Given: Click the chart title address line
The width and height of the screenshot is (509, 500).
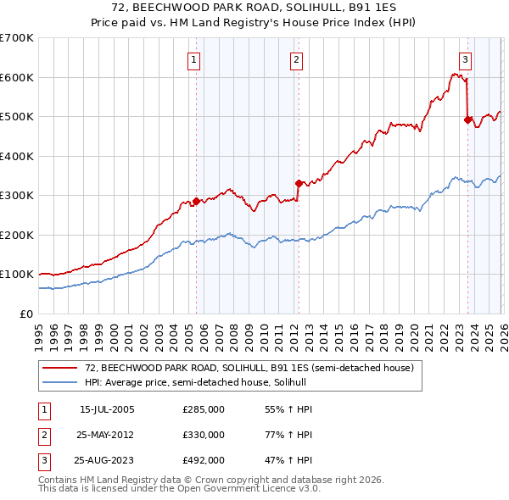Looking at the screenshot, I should (255, 8).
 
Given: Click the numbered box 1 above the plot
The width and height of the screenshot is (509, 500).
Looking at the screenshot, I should (195, 59).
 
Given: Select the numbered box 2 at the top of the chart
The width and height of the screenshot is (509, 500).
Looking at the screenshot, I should (296, 59).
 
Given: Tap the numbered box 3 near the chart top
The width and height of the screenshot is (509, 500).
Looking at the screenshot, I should (466, 59).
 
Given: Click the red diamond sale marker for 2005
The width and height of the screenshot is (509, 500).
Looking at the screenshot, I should (196, 202).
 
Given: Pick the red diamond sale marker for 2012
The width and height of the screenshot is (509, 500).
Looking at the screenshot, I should (299, 183).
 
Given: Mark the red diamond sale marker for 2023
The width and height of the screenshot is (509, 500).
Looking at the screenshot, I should (467, 120).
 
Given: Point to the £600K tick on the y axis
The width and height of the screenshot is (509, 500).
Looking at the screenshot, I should (17, 77).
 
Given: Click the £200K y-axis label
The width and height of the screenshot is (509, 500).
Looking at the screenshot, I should (17, 235).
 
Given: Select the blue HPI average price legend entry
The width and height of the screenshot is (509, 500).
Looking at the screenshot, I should (187, 383).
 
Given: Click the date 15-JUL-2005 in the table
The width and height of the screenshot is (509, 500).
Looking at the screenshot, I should (107, 409).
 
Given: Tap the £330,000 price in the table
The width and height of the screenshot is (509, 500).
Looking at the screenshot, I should (204, 435).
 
